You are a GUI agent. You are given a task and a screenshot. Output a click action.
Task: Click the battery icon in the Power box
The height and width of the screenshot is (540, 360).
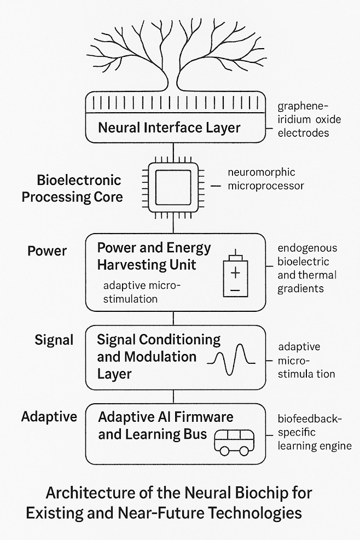[x=235, y=278]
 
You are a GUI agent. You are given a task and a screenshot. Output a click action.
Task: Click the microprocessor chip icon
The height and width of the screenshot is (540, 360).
[x=173, y=186]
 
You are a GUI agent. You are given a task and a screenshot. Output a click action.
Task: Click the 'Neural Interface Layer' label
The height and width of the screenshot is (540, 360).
[x=169, y=128]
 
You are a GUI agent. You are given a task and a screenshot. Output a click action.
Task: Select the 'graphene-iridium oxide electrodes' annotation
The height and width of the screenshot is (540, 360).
[x=304, y=119]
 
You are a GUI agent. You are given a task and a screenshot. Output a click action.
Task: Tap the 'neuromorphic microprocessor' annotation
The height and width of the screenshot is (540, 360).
[x=265, y=179]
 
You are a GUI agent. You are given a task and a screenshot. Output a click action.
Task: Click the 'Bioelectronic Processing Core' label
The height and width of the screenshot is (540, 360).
[x=72, y=189]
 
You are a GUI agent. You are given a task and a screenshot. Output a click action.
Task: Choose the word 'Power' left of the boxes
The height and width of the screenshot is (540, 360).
[x=47, y=251]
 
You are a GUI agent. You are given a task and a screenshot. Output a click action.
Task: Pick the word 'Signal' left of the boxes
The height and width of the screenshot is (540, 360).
[x=54, y=340]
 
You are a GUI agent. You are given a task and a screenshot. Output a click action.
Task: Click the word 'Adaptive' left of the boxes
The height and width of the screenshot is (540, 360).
[x=49, y=417]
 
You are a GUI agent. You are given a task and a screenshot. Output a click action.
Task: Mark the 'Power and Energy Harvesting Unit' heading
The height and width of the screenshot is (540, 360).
[x=154, y=256]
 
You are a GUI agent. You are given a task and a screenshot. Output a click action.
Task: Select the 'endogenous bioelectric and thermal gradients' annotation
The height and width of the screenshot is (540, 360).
[x=307, y=268]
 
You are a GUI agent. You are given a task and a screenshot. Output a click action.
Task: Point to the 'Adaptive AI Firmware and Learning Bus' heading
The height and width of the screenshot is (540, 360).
[x=165, y=426]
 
